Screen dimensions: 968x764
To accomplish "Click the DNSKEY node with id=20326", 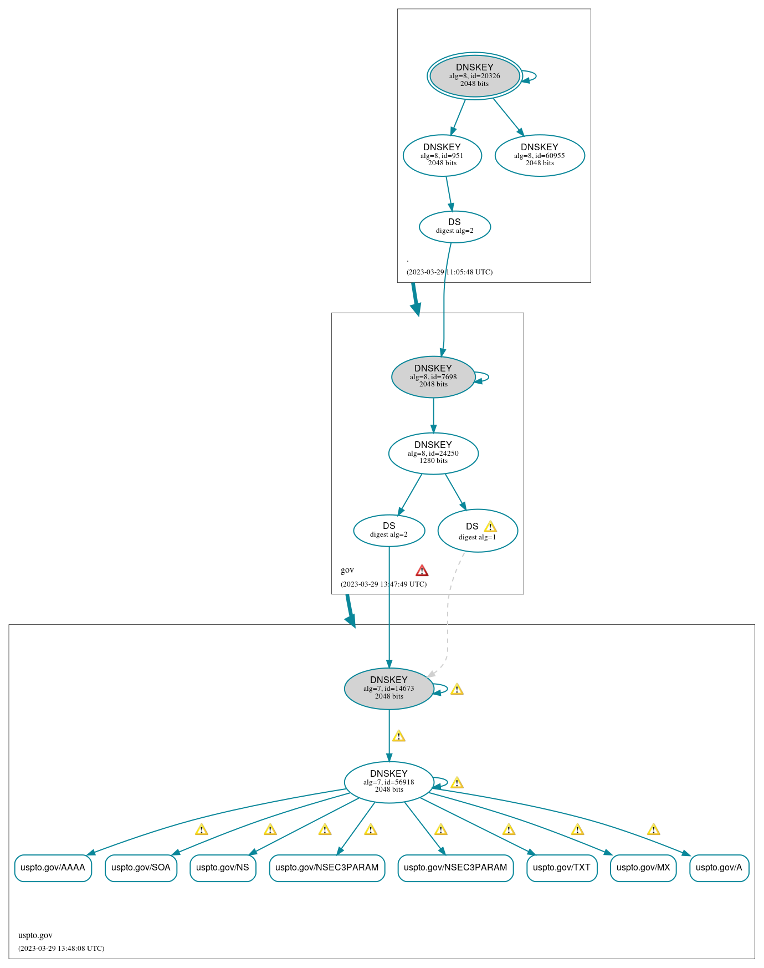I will click(474, 76).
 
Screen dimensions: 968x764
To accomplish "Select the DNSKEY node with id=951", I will click(442, 155).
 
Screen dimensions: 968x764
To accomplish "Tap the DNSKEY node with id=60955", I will click(539, 155).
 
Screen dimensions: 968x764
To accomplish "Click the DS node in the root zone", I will click(454, 226).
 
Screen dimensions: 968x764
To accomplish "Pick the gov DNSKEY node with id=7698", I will click(433, 376).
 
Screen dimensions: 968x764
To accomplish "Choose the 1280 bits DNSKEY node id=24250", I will click(433, 453).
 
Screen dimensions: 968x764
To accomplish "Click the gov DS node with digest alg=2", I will click(388, 530).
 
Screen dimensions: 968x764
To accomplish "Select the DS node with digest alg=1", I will click(477, 531).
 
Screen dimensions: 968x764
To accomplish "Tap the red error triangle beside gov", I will click(422, 570).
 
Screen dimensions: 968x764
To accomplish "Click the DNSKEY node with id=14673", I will click(388, 688).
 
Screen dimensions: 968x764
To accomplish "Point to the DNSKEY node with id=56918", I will click(388, 782).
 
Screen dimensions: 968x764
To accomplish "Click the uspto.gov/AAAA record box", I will click(53, 868).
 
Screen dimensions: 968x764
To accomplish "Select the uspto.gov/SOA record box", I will click(141, 868).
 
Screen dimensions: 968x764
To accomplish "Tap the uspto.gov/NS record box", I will click(223, 868).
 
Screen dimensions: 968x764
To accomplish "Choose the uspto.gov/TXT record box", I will click(561, 868).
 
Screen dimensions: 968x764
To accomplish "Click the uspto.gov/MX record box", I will click(643, 868).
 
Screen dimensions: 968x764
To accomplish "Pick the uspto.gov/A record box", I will click(719, 868).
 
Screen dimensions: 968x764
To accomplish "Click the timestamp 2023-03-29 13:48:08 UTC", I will click(61, 948).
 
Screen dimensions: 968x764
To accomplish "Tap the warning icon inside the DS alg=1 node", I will click(490, 527).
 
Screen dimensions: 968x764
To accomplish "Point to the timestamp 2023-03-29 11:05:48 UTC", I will click(449, 272).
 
